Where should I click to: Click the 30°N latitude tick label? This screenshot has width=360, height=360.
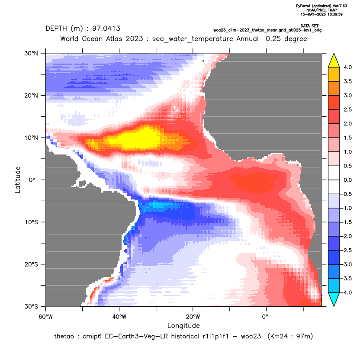(31, 53)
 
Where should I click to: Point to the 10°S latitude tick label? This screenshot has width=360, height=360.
(32, 222)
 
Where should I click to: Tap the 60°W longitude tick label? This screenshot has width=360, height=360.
(45, 317)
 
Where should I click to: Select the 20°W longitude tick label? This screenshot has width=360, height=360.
(193, 317)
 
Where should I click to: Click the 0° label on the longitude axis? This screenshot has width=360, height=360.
(265, 317)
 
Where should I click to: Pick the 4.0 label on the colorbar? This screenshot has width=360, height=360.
(347, 67)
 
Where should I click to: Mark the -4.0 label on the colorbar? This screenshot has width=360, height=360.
(347, 292)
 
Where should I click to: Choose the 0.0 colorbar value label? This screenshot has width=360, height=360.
(347, 180)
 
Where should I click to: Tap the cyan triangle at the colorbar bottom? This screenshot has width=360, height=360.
(334, 299)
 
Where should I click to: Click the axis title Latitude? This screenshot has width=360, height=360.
(18, 180)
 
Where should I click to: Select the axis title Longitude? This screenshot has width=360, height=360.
(183, 325)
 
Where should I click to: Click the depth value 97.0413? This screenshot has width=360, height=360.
(106, 29)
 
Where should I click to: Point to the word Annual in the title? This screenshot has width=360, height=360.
(247, 39)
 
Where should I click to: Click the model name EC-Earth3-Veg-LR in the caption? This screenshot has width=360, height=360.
(136, 336)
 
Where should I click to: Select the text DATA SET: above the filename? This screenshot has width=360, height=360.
(310, 26)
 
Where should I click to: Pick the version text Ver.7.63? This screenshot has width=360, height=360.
(340, 6)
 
